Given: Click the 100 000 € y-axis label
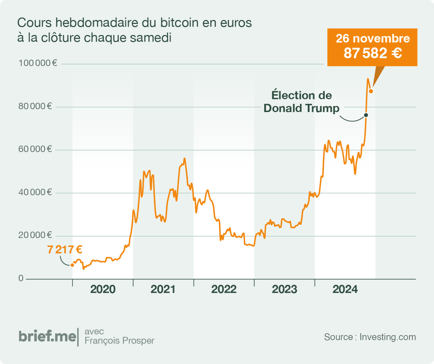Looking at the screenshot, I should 38,64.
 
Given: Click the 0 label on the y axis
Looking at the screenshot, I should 21,279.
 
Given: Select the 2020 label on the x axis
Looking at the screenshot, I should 103,290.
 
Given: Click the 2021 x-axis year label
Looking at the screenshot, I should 163,290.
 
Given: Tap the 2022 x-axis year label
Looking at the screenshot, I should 224,290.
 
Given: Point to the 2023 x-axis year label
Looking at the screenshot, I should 284,290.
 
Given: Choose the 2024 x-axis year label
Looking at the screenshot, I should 345,290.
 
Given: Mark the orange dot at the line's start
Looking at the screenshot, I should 72,265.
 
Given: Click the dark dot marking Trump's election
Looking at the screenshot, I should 366,115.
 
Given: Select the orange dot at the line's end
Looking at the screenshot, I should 371,91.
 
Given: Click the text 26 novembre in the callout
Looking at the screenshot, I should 373,39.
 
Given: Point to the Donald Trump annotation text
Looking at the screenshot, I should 302,108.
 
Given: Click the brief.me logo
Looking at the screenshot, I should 47,336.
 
